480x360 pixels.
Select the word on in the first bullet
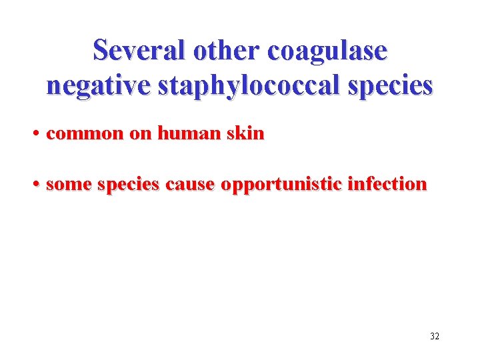point(141,134)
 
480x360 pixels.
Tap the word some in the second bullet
point(69,185)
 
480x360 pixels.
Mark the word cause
point(190,185)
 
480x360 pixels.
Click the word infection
point(387,184)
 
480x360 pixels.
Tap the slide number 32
point(434,336)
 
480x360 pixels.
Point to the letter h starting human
point(163,133)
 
